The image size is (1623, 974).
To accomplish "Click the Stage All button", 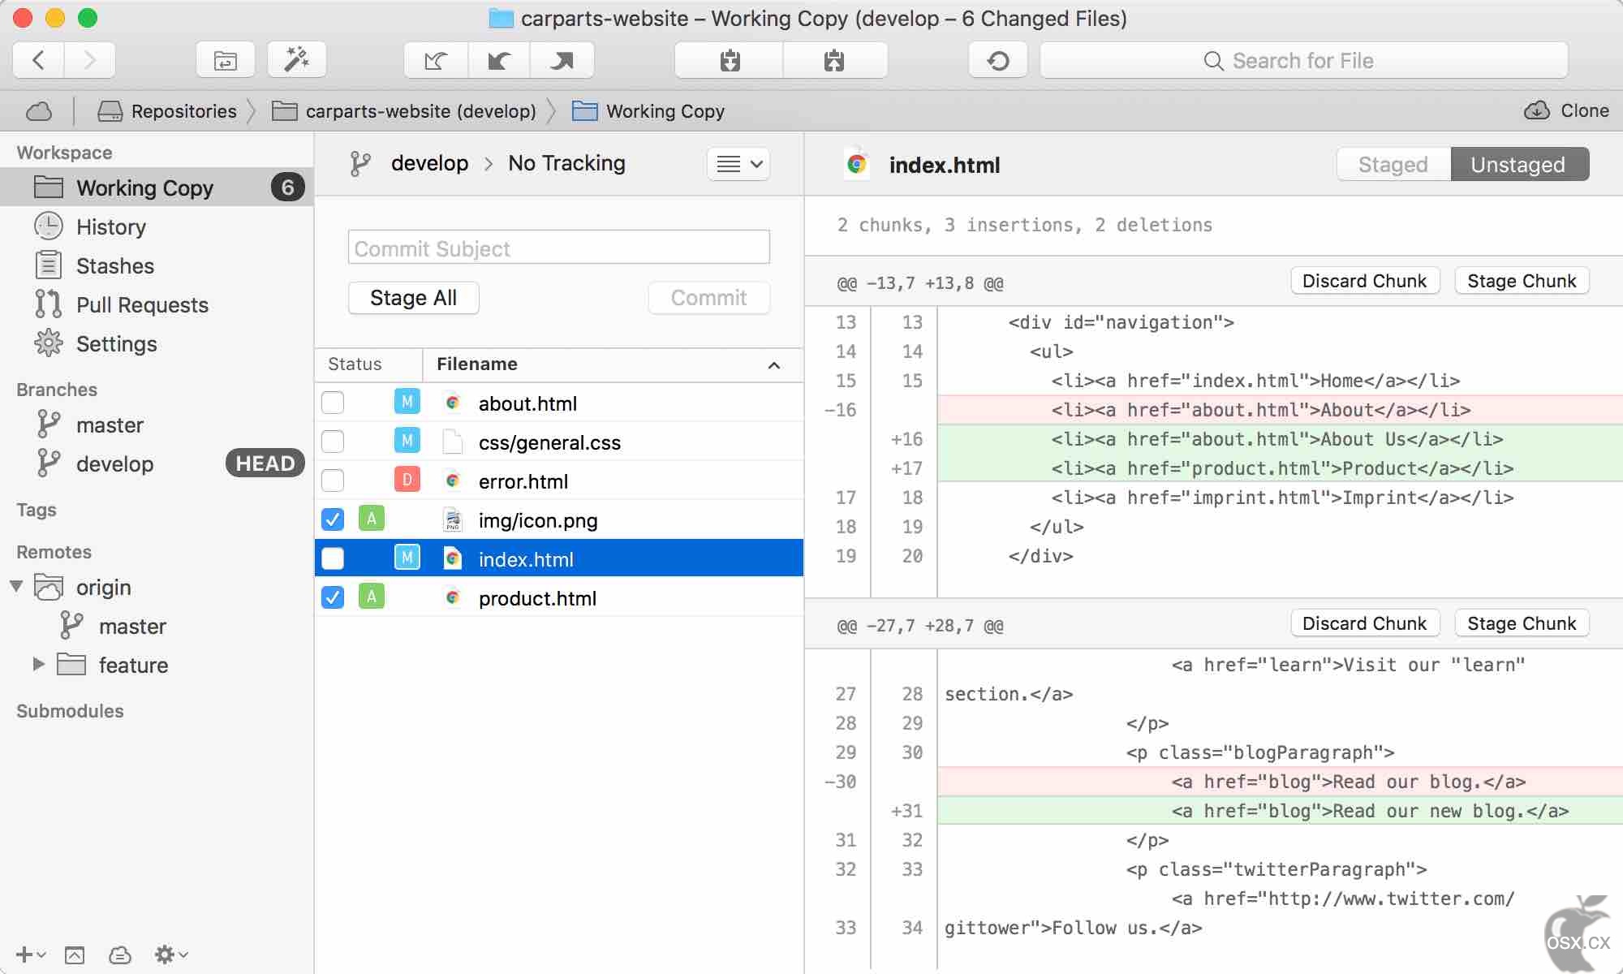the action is coord(413,298).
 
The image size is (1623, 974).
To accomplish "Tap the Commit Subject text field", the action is coord(558,248).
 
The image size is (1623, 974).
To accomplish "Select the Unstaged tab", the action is coord(1518,165).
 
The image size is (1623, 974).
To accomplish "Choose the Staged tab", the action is coord(1393,165).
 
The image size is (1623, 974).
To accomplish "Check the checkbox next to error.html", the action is coord(333,481).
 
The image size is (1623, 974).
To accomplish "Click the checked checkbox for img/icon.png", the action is coord(333,519).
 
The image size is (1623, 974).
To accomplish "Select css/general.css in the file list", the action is coord(549,442).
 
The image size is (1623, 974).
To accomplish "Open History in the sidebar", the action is coord(110,226).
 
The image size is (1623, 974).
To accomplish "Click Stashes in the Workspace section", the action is coord(114,265).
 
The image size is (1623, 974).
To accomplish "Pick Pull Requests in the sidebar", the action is coord(142,304).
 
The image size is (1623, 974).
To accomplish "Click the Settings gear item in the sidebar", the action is coord(116,343).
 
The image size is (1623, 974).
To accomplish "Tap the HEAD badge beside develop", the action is coord(265,463).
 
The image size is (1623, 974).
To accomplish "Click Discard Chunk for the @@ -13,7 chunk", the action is coord(1364,281).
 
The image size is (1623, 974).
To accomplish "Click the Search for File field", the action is coord(1303,61).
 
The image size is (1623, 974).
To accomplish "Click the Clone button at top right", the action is coord(1566,110).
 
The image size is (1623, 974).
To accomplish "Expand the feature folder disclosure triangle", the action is coord(38,664).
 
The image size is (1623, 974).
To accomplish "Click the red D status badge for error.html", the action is coord(407,480).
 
